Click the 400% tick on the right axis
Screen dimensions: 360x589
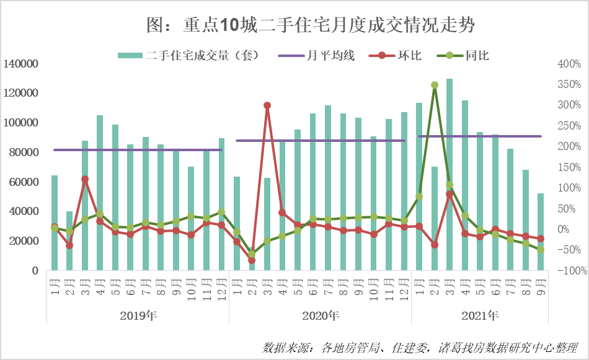pos(569,64)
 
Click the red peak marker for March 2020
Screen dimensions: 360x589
pos(267,106)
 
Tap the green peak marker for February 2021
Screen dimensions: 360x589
pos(435,85)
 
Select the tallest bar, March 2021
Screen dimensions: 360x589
pos(449,174)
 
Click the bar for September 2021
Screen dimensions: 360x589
pos(541,232)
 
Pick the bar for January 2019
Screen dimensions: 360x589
pos(55,223)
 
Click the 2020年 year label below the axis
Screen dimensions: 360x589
pos(321,316)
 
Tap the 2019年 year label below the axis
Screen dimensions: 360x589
pos(138,316)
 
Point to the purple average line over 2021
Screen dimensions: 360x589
pos(479,136)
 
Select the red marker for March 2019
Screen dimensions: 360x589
pos(85,180)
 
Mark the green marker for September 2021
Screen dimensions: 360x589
pos(541,250)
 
